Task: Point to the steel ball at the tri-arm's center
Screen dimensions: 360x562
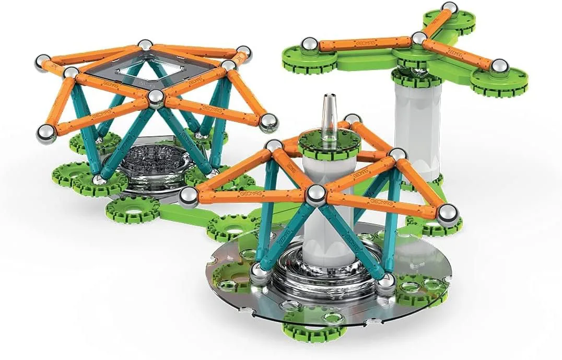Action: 419,38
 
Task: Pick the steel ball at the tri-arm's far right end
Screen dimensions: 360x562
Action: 500,66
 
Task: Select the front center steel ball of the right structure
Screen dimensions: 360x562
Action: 315,195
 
